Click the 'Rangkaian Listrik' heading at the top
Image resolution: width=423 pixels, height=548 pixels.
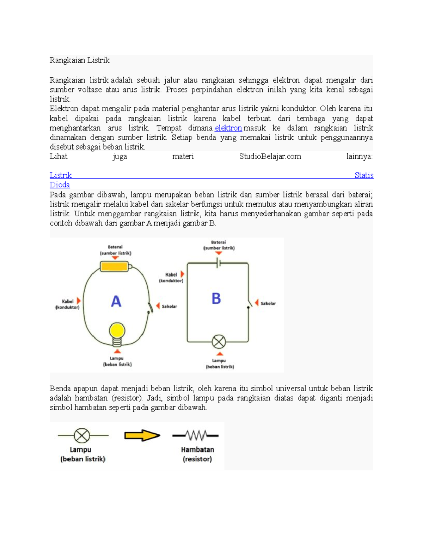79,60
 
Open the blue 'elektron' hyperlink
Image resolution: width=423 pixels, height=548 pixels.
228,128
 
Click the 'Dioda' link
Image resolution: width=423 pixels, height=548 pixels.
60,185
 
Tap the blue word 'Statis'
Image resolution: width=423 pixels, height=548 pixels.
364,175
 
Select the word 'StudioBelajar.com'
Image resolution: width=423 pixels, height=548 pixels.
270,157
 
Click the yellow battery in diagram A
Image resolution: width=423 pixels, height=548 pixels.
115,266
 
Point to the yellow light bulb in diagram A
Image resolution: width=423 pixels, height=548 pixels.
117,331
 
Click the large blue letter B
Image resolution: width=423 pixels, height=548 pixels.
216,299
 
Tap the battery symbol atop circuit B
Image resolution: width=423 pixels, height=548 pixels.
218,263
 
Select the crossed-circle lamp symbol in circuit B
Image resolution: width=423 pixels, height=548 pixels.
219,342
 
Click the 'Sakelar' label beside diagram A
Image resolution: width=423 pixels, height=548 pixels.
169,307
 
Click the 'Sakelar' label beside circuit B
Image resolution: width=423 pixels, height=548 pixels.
268,303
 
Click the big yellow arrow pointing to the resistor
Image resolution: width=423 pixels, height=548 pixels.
142,435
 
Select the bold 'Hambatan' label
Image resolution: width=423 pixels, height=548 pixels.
197,450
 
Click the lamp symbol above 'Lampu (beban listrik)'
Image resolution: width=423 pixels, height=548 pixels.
82,435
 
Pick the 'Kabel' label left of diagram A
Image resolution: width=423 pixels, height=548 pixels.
68,301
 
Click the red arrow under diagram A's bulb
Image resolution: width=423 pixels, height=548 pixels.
117,351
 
